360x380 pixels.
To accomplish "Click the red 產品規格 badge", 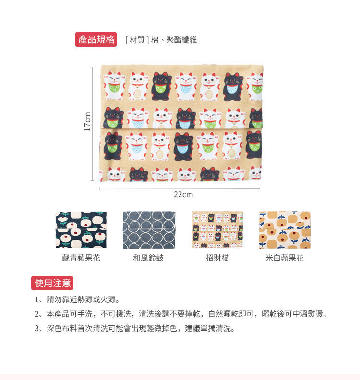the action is tap(96, 39).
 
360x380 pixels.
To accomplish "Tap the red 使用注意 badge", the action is tap(52, 283).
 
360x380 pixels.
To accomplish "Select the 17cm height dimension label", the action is tap(87, 121).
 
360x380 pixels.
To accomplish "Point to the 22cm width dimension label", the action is tap(183, 194).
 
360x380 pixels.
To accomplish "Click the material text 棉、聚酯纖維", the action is tap(174, 40).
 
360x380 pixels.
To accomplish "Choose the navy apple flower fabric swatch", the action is tap(81, 229).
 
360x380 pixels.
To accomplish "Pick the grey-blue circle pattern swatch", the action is tap(149, 230).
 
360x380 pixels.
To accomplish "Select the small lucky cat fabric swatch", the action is tap(217, 229).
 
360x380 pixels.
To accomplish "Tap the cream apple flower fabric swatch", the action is tap(285, 230).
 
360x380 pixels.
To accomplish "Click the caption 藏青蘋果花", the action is tap(81, 257).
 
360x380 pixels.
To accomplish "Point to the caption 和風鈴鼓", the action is tap(148, 257).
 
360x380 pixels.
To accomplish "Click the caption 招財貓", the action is tap(217, 257).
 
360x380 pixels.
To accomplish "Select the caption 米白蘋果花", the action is tap(285, 257).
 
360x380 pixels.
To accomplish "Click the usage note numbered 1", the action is tap(77, 299).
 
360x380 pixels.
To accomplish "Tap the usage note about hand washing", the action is tap(181, 314).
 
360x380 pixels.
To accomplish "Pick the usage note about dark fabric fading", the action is tap(134, 328).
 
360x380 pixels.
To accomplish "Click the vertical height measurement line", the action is tap(92, 124).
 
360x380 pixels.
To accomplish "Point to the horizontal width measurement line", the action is tap(180, 188).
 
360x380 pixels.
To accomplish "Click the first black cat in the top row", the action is tap(161, 86).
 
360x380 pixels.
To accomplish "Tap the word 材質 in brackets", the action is tap(137, 40).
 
